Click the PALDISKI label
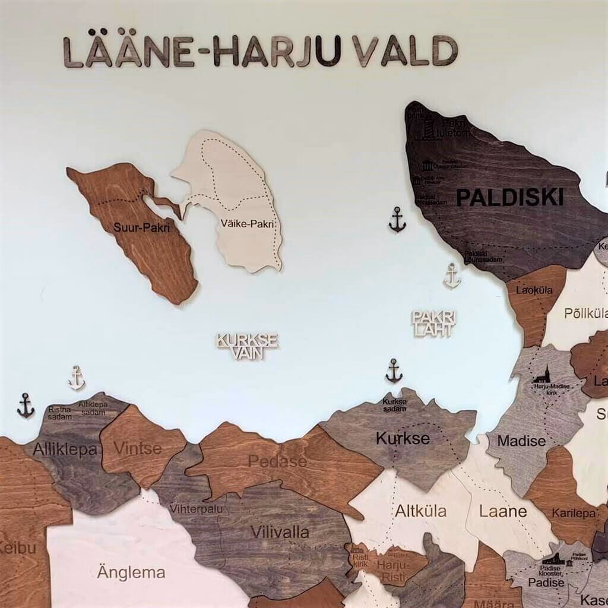click(509, 198)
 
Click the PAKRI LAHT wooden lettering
click(434, 324)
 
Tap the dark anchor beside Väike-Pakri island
click(397, 220)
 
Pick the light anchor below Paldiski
click(452, 276)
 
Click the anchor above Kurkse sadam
click(394, 371)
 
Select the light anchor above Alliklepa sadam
click(77, 378)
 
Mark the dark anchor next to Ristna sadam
click(26, 406)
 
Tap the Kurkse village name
click(402, 438)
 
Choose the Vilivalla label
click(280, 531)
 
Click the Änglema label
click(131, 573)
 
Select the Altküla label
click(421, 511)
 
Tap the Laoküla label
click(534, 290)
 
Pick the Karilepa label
click(574, 512)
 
